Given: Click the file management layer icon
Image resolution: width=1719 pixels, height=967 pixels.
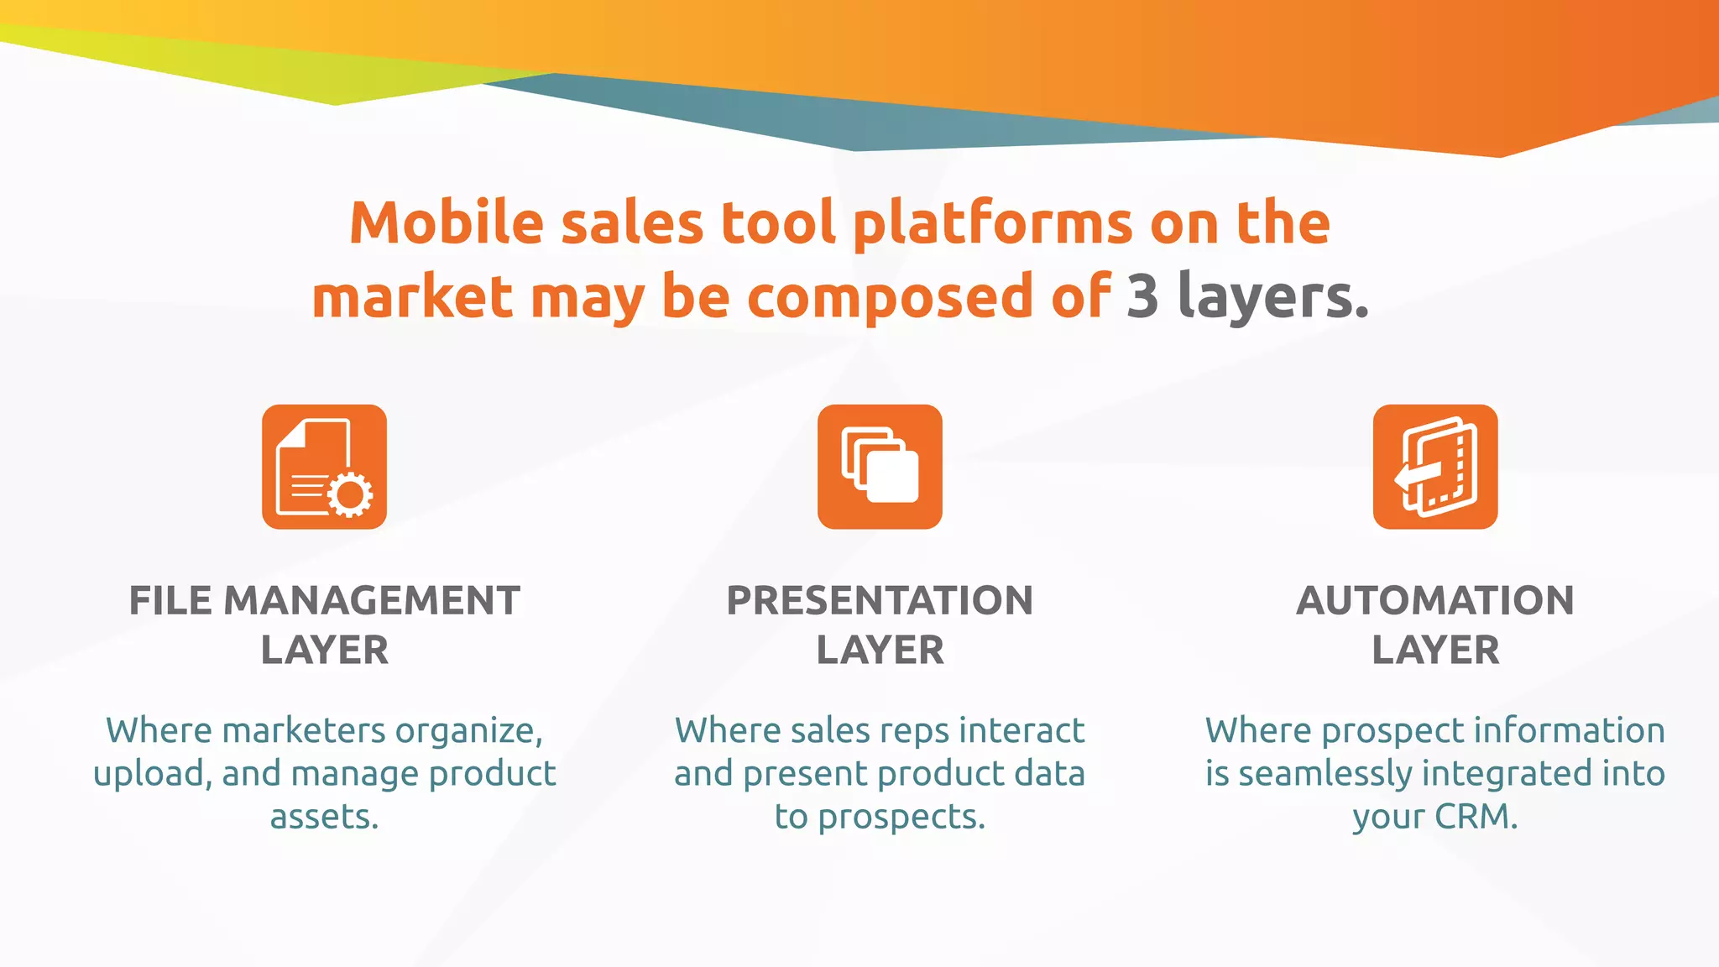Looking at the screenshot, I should [324, 467].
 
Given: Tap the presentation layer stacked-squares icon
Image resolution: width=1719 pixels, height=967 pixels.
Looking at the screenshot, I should [880, 467].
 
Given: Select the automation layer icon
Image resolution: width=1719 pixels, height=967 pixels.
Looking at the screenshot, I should [1435, 467].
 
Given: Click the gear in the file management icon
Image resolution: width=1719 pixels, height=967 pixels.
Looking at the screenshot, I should [350, 495].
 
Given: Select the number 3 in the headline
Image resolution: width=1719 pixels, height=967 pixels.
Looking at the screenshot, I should [1142, 296].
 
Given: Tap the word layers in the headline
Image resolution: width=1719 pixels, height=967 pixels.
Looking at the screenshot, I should [1272, 296].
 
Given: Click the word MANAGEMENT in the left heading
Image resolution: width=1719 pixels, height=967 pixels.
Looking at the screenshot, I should [372, 601].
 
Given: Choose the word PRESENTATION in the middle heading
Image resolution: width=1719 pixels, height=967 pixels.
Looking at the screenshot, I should [880, 601].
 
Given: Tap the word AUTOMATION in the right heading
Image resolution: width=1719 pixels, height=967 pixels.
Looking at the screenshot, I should [1435, 601].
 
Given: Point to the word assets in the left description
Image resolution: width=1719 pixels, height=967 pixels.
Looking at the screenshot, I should [324, 817].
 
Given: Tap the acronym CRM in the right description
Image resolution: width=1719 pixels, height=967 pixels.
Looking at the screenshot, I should [1476, 817].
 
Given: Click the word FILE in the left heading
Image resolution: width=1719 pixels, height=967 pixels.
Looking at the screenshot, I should [171, 601].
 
